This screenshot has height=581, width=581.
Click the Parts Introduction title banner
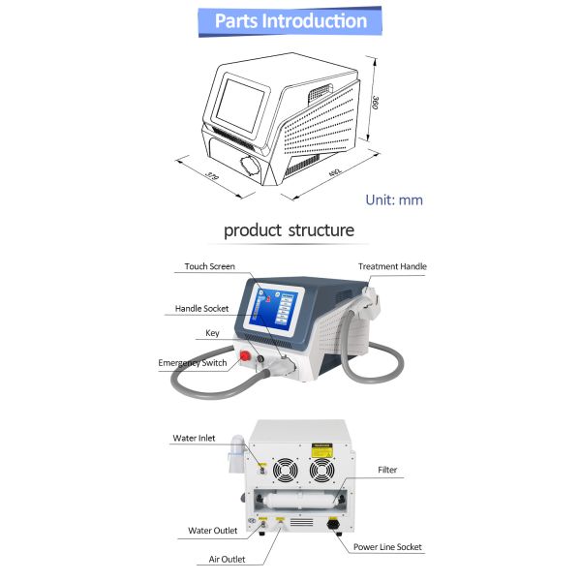(290, 20)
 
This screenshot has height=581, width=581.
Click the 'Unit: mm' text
(394, 200)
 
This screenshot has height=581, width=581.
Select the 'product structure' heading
(290, 230)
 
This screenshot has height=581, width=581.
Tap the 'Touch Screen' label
(210, 265)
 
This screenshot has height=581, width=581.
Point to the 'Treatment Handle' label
(392, 266)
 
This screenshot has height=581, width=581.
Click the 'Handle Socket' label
(201, 309)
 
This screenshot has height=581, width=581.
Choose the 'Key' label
(212, 333)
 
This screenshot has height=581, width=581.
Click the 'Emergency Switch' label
(193, 363)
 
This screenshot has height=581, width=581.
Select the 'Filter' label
(387, 471)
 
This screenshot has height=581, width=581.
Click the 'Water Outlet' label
(213, 531)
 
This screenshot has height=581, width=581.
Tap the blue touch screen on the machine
(275, 311)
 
